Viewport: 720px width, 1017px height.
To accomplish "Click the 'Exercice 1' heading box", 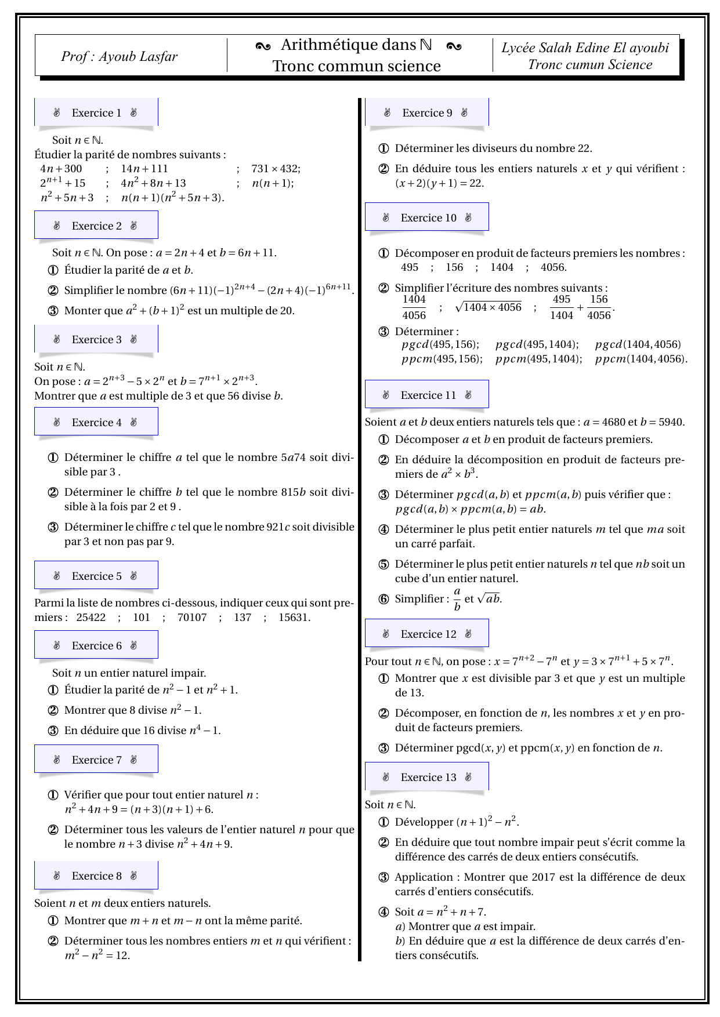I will point(96,113).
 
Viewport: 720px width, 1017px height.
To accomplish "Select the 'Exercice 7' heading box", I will point(96,760).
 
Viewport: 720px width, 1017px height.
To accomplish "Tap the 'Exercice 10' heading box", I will point(428,218).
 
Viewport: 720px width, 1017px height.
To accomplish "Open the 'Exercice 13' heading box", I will point(428,778).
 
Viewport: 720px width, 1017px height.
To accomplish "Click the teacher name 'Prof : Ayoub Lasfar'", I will point(119,56).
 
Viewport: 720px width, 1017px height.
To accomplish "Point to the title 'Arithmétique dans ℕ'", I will point(356,45).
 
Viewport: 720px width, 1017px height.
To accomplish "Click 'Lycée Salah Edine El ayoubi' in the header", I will point(585,48).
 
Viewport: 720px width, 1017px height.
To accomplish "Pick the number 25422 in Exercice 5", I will point(91,618).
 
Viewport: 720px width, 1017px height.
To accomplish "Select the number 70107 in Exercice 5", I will point(192,618).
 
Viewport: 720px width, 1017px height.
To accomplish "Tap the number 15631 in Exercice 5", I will point(294,618).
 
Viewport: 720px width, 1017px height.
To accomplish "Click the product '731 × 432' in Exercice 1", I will point(276,169).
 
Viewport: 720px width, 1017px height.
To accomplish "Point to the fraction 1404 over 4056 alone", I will point(414,307).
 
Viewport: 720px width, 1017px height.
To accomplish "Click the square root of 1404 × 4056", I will point(489,307).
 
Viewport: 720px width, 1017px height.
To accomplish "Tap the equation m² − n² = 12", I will point(97,956).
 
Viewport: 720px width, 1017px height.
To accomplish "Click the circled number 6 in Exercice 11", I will point(383,599).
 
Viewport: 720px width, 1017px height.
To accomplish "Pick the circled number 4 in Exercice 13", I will point(383,912).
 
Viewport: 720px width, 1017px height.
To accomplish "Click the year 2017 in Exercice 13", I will point(543,877).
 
